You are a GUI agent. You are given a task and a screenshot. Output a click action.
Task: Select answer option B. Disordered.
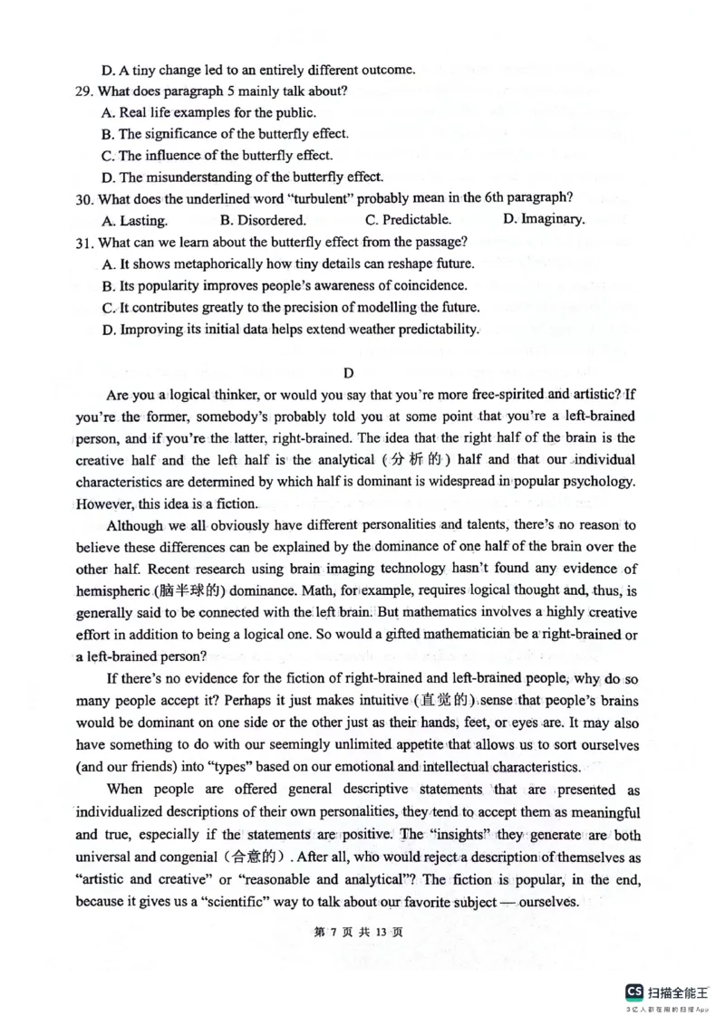tap(263, 220)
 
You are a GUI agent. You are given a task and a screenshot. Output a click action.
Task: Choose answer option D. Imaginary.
tap(544, 219)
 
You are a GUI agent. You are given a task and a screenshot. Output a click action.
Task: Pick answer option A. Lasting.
tap(135, 220)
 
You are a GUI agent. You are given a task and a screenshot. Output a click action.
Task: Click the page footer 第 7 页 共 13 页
tap(362, 934)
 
